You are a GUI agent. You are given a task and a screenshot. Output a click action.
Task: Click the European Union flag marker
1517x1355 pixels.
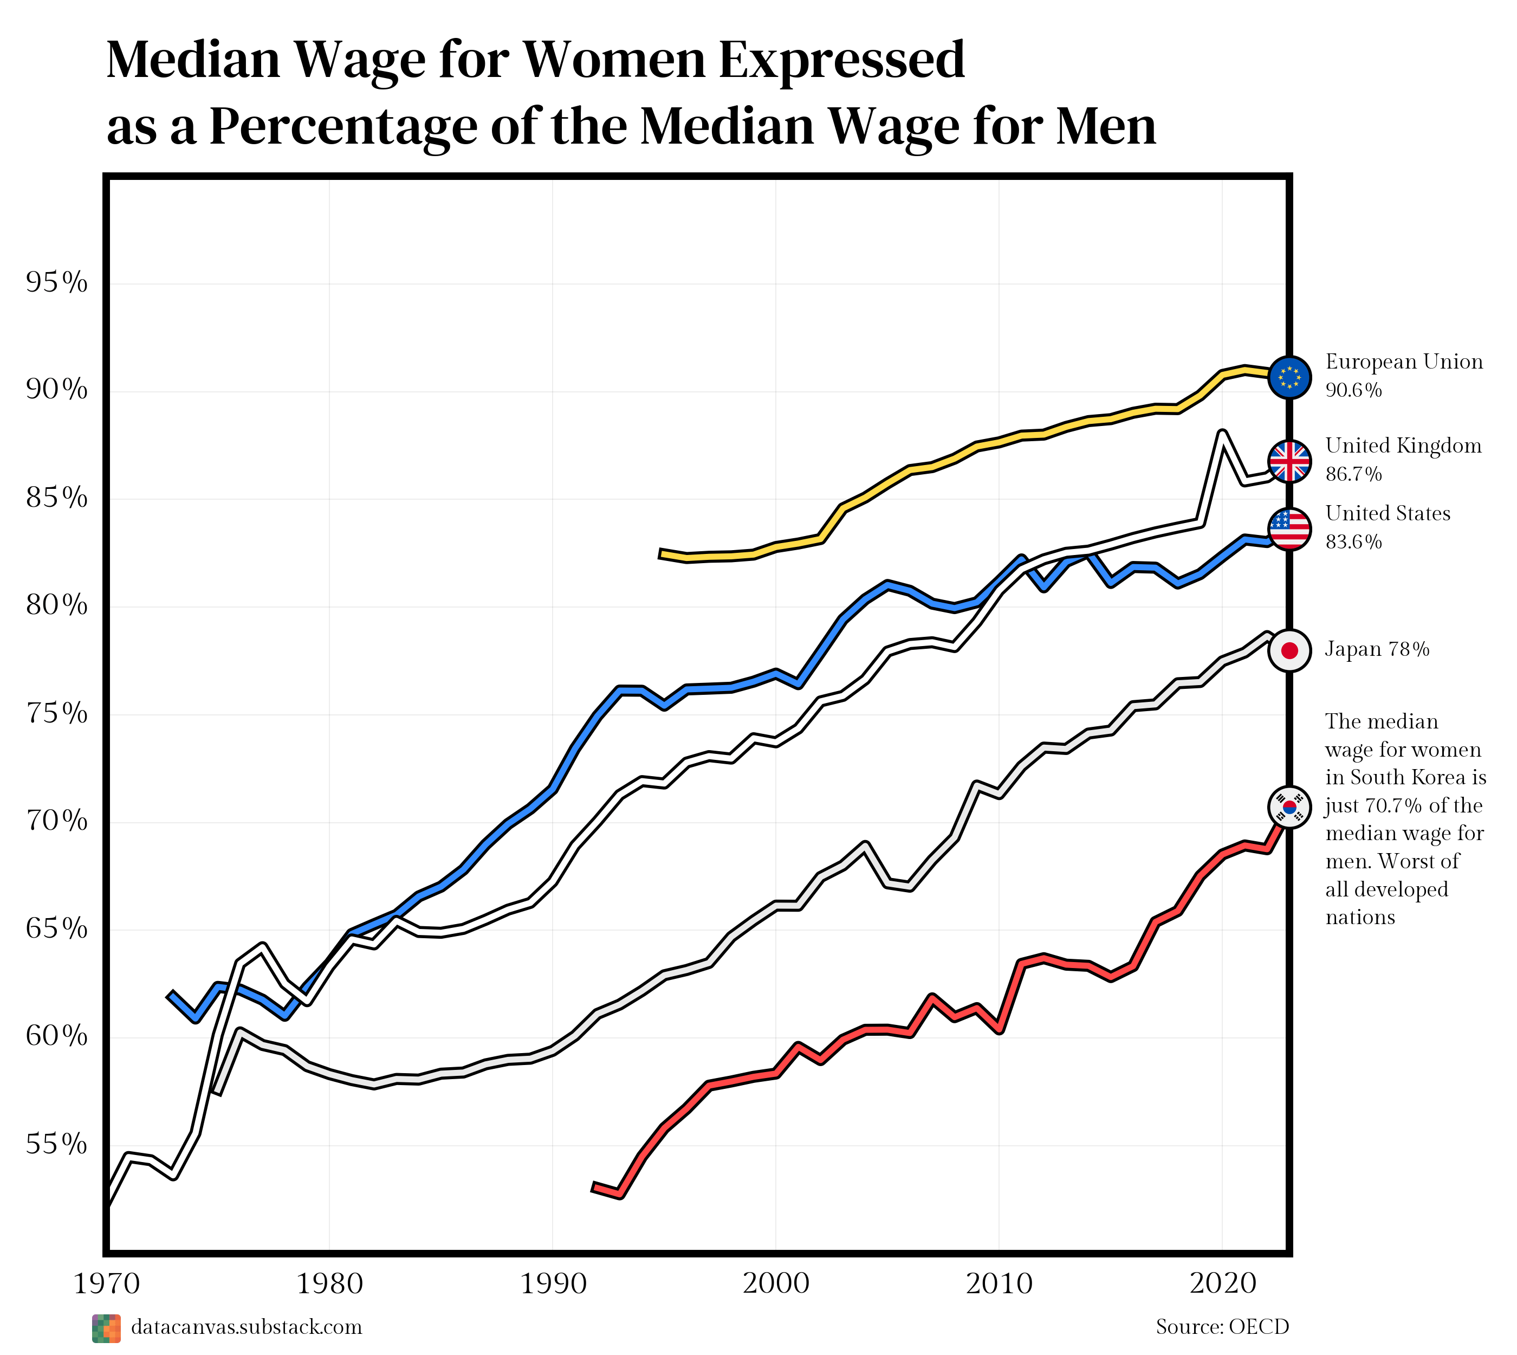point(1289,377)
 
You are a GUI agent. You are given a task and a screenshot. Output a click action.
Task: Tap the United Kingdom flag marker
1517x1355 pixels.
point(1289,462)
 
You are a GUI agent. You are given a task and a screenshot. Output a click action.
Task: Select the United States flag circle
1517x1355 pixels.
point(1289,530)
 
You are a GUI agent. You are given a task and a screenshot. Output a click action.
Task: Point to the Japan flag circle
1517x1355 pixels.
point(1289,651)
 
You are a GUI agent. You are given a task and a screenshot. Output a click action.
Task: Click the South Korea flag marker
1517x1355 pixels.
point(1289,807)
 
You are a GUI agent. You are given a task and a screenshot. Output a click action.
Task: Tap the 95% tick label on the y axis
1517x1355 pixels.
point(56,283)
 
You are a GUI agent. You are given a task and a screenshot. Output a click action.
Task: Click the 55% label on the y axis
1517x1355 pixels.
point(56,1144)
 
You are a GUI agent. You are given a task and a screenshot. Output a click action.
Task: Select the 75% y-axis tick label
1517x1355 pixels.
point(56,714)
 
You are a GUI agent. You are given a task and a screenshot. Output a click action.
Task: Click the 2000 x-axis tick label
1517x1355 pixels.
point(776,1283)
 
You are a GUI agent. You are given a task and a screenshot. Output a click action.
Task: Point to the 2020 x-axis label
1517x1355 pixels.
point(1222,1283)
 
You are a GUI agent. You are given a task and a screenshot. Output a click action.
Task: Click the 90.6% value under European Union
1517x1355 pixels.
point(1353,390)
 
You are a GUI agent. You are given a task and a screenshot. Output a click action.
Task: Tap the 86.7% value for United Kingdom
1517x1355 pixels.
point(1353,474)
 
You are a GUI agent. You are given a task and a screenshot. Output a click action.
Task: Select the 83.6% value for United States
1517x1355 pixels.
point(1353,542)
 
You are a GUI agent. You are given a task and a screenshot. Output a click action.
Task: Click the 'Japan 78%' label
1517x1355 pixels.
point(1377,650)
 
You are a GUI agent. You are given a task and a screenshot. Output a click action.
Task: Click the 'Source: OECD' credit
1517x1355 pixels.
point(1222,1327)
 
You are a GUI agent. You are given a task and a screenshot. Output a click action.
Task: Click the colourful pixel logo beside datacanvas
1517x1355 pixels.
point(106,1329)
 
